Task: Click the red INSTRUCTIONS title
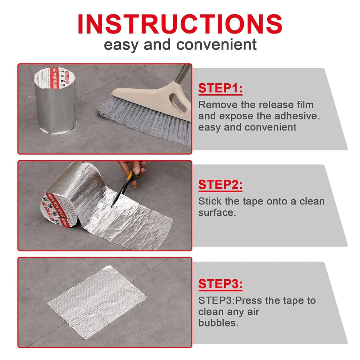point(180,24)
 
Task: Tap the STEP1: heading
point(220,88)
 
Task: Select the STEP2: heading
point(220,185)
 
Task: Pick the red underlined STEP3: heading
point(220,284)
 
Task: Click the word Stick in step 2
point(209,201)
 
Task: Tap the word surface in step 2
point(217,213)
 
